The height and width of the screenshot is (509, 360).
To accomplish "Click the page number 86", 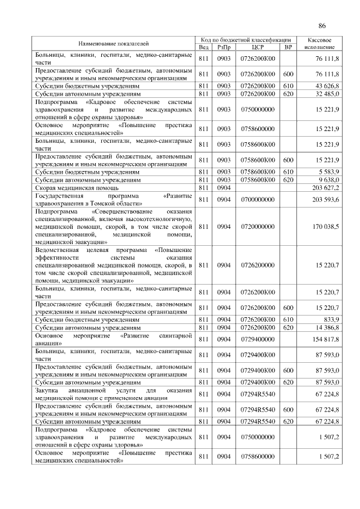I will pos(322,26).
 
